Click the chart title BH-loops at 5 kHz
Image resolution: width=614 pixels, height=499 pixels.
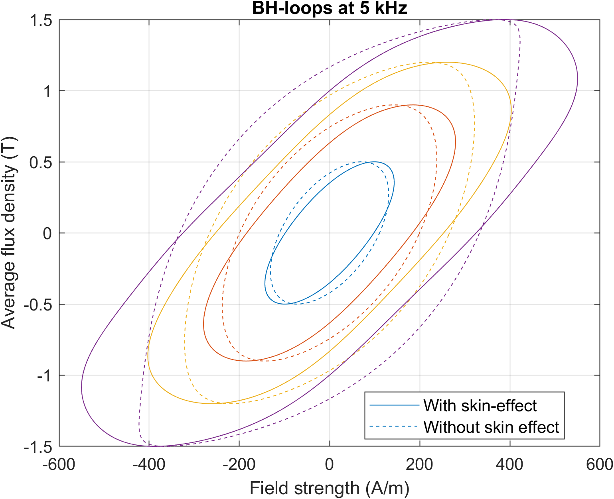coord(330,8)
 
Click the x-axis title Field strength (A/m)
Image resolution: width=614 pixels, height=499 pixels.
coord(330,488)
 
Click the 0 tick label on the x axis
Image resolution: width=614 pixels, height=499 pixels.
coord(330,464)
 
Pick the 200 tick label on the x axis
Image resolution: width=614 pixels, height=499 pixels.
coord(420,464)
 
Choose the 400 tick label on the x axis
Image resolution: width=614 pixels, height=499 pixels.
coord(510,464)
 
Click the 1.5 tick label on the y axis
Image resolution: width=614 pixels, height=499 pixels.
coord(41,20)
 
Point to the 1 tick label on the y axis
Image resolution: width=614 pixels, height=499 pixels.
coord(47,91)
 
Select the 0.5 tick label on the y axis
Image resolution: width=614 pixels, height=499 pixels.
coord(41,162)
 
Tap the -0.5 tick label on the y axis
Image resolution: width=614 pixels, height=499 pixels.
coord(38,305)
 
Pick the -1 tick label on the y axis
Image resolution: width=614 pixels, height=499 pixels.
coord(44,375)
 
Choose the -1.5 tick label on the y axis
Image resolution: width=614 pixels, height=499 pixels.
coord(38,447)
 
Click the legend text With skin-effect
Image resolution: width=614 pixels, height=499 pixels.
coord(480,406)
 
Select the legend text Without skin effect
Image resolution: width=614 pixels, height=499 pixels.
coord(491,427)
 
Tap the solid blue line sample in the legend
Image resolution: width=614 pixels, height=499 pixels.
coord(394,406)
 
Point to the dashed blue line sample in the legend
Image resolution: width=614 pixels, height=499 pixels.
coord(394,427)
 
